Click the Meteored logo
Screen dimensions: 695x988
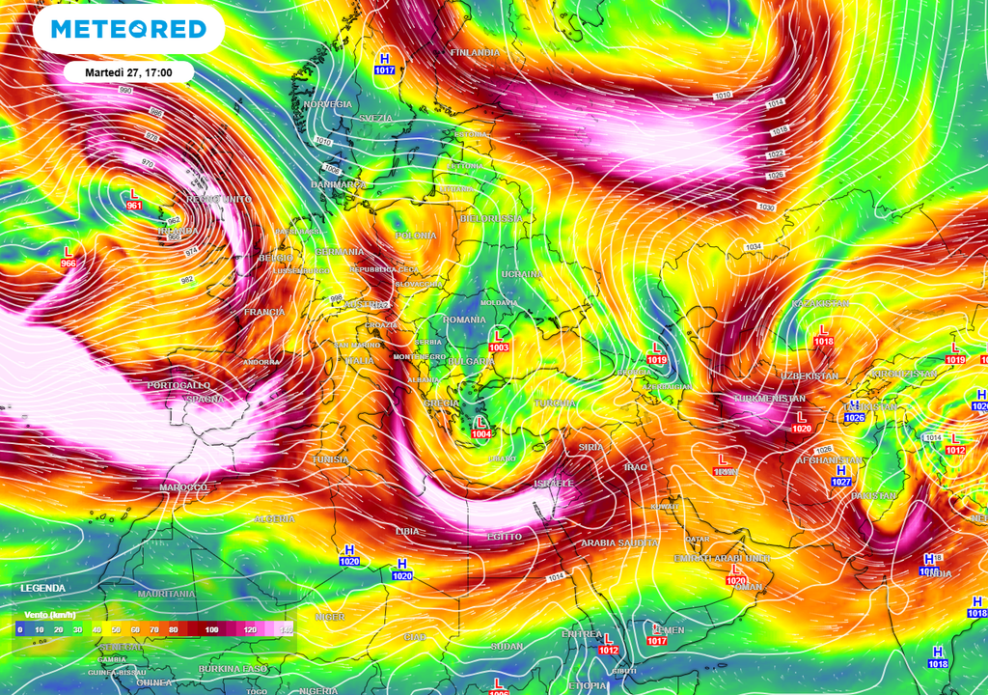tap(128, 28)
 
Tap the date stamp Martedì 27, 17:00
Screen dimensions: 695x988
tap(128, 72)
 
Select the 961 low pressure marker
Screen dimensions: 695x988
tap(134, 200)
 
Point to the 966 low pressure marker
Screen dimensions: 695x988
tap(68, 257)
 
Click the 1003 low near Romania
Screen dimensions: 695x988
tap(499, 341)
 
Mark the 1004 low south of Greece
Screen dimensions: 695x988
tap(481, 429)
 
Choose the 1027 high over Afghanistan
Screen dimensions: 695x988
tap(841, 476)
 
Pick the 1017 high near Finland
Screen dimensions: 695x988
tap(385, 65)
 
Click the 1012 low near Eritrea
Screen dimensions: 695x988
tap(608, 644)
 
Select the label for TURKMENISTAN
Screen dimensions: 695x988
tap(771, 399)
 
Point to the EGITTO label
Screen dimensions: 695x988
tap(504, 537)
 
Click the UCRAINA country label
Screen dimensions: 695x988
tap(523, 275)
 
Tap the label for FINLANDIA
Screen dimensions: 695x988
tap(475, 51)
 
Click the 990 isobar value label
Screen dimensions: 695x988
tap(125, 90)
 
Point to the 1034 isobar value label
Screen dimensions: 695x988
tap(754, 247)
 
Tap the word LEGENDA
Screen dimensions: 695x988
tap(43, 588)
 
